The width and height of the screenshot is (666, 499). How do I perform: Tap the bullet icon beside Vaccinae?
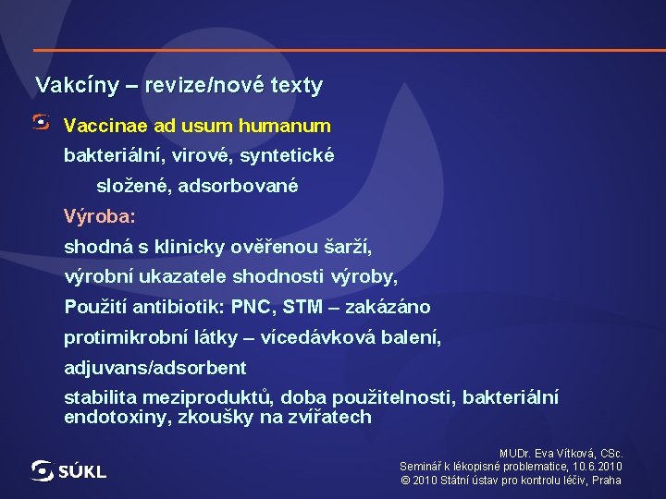(42, 122)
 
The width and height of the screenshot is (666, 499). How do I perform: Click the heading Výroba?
(99, 216)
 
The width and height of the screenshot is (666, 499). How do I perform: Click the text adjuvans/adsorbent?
(155, 368)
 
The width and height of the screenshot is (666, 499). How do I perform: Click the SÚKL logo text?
(82, 472)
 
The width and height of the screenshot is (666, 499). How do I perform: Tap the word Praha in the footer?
(607, 481)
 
